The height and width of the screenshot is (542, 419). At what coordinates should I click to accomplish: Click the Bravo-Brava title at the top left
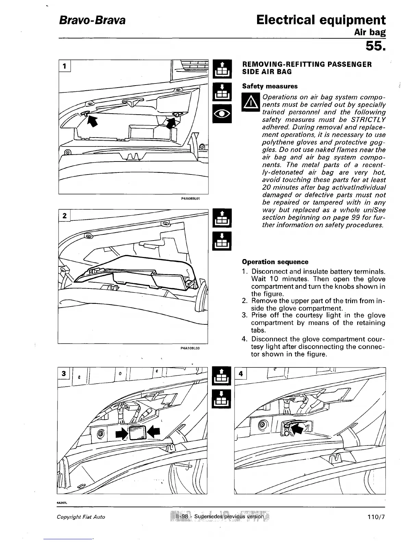(x=92, y=21)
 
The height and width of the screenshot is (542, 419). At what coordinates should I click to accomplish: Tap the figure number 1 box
(x=65, y=65)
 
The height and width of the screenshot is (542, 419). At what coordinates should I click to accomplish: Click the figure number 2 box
(x=64, y=216)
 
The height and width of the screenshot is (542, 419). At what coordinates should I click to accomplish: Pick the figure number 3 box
(x=64, y=374)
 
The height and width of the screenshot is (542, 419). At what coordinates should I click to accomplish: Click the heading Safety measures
(x=270, y=86)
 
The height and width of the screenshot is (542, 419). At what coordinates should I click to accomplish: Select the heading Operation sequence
(x=275, y=262)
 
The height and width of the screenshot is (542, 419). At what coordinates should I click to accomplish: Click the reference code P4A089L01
(x=190, y=198)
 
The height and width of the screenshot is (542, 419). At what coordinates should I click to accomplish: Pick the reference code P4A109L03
(x=190, y=348)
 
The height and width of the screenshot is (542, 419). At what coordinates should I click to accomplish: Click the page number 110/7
(x=376, y=517)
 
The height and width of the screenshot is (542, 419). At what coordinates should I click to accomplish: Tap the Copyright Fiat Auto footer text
(x=81, y=517)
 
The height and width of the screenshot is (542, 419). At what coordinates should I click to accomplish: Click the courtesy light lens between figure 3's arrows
(x=138, y=433)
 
